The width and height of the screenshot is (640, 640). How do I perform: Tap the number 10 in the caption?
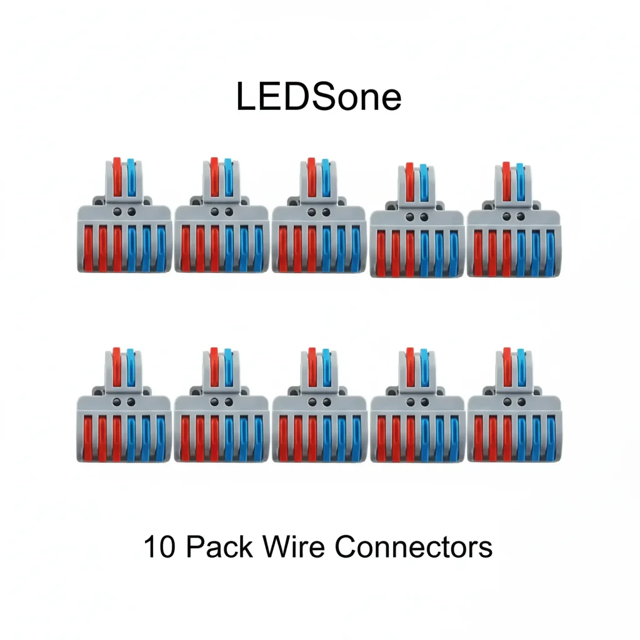tap(159, 547)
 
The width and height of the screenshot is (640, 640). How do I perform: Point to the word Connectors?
tap(413, 547)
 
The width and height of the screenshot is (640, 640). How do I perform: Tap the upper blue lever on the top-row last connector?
tap(521, 181)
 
